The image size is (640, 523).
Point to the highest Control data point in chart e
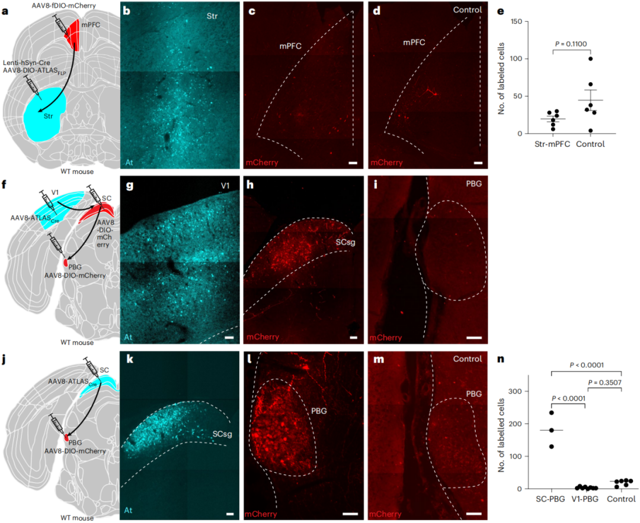point(591,59)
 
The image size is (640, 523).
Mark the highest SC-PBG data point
point(552,412)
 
